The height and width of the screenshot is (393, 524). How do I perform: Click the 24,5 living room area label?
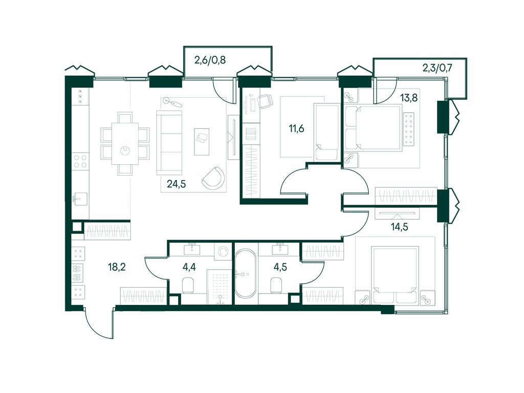pos(176,184)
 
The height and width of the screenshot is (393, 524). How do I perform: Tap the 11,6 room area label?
pos(296,128)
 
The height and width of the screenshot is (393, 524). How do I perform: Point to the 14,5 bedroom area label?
pos(400,227)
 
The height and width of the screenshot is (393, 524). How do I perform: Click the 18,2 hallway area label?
pos(117,267)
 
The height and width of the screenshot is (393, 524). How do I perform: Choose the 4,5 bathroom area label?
pos(280,267)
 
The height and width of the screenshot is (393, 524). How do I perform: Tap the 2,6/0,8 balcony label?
pos(210,60)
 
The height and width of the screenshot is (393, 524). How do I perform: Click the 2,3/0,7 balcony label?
pos(438,69)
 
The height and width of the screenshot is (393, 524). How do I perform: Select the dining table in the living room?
pos(125,144)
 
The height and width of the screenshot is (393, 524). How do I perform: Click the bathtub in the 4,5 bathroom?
pos(245,274)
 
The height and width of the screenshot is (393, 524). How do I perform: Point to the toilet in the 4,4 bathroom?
pos(188,285)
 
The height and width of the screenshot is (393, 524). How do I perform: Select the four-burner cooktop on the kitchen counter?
pos(80,161)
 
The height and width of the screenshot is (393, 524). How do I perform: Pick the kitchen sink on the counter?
pos(80,199)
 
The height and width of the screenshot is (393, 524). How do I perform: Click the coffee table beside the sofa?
pos(202,142)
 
